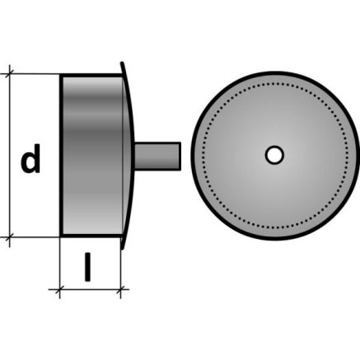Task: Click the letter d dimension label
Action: point(30,159)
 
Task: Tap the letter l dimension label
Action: point(87,267)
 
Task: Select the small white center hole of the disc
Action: point(274,155)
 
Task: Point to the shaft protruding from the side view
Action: point(157,157)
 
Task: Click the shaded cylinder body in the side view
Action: point(92,156)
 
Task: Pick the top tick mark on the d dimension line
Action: point(10,73)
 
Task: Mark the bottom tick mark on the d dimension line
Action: point(10,236)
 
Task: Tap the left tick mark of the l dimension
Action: point(59,289)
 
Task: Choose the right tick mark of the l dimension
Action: point(120,289)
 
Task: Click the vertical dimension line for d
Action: point(10,156)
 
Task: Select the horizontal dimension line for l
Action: point(89,289)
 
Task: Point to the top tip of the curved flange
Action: point(122,63)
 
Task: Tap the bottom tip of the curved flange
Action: point(122,249)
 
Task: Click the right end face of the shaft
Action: point(180,157)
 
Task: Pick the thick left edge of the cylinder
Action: point(61,156)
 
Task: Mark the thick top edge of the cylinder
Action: point(91,75)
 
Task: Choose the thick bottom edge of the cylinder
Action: point(91,236)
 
